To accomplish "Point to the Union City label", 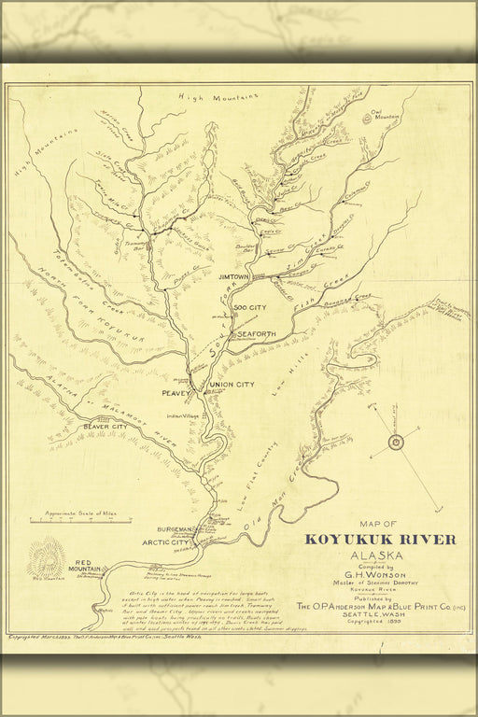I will (x=232, y=385).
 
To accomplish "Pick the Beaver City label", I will (x=105, y=427).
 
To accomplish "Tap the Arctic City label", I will (x=166, y=542).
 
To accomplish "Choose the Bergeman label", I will (x=175, y=528).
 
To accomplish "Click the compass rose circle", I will (x=395, y=442).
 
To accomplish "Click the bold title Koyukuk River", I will (x=380, y=540).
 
